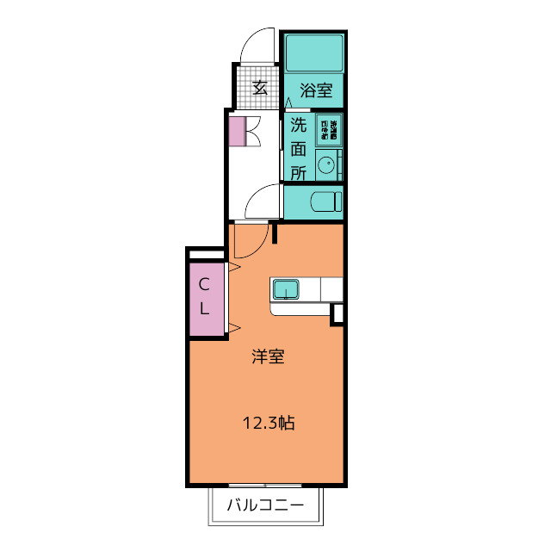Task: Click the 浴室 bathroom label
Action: click(316, 89)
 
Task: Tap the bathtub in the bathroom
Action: click(314, 53)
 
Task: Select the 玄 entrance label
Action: click(260, 87)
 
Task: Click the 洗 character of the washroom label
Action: click(298, 125)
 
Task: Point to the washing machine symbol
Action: click(329, 128)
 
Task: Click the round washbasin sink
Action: click(326, 162)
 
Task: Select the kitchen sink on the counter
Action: click(286, 288)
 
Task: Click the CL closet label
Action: click(205, 295)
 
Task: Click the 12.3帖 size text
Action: click(269, 423)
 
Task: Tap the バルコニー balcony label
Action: click(265, 505)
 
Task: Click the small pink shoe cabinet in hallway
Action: click(237, 131)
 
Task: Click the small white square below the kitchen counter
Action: click(337, 313)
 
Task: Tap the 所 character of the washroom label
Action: click(298, 171)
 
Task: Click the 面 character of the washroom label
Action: click(298, 148)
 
